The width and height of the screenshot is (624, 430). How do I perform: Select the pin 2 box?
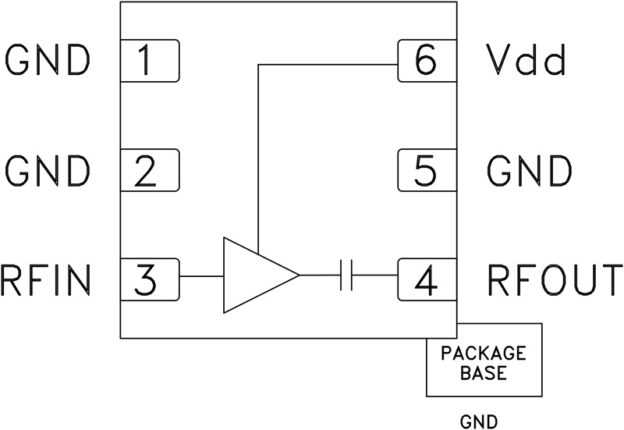(x=150, y=170)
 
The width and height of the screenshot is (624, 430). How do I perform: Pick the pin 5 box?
(x=427, y=170)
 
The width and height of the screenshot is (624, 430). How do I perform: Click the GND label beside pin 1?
(x=48, y=61)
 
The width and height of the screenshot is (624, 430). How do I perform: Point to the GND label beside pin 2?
(x=48, y=170)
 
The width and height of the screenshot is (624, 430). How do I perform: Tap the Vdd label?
(x=525, y=61)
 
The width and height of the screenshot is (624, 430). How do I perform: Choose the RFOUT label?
(x=555, y=278)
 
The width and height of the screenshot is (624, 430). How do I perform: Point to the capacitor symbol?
(x=348, y=275)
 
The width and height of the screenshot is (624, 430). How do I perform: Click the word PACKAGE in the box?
(x=484, y=353)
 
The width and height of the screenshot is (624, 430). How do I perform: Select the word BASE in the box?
(x=484, y=372)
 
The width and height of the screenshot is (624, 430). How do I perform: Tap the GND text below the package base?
(x=479, y=421)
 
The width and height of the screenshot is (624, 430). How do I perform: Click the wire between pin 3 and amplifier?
(x=201, y=275)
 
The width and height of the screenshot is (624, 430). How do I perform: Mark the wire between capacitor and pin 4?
(x=376, y=275)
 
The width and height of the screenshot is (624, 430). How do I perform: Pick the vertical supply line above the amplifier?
(x=257, y=156)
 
